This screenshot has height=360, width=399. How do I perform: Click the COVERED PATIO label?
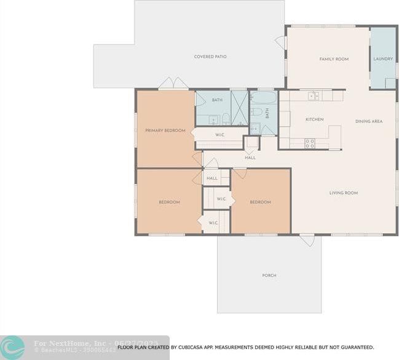click(x=210, y=57)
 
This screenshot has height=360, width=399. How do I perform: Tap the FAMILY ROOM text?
click(x=334, y=59)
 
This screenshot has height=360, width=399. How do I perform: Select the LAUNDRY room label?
click(x=383, y=59)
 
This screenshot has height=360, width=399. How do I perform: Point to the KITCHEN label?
click(x=314, y=119)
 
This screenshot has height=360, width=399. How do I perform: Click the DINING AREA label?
click(x=369, y=121)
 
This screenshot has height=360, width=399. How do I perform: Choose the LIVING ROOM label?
click(x=343, y=193)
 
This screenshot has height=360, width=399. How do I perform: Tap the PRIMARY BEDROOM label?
click(x=165, y=130)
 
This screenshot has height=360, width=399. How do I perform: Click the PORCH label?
click(x=269, y=275)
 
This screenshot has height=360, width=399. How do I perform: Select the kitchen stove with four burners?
click(x=310, y=143)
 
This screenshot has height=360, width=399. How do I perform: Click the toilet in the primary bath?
click(x=226, y=119)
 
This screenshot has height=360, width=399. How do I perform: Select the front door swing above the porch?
click(x=307, y=241)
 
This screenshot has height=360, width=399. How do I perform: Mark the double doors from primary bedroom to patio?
click(x=173, y=84)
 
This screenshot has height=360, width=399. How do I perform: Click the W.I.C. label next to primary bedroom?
click(x=219, y=134)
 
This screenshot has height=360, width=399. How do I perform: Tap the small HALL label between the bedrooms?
click(x=212, y=178)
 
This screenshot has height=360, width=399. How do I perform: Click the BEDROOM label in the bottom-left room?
click(x=169, y=202)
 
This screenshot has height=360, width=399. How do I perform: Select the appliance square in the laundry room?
click(x=390, y=83)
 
